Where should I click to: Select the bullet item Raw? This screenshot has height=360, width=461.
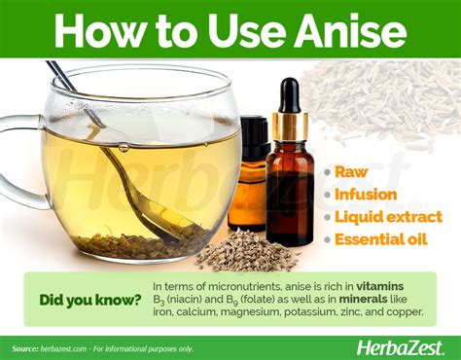[350, 171]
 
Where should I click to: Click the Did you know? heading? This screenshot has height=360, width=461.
[87, 299]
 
